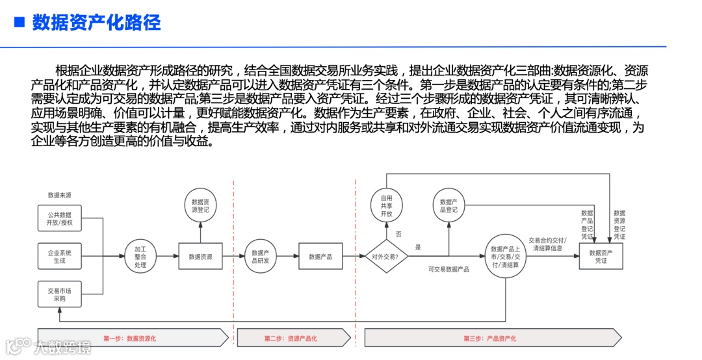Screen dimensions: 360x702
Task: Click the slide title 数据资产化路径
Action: click(96, 23)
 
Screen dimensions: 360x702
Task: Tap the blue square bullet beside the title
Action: click(19, 23)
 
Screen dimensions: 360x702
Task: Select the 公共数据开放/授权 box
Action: click(59, 218)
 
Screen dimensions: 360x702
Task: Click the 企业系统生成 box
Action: click(59, 256)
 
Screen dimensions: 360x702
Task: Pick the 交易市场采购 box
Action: click(59, 294)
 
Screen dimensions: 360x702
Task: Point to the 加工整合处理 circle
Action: click(140, 257)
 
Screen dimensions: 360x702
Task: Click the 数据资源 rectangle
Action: click(200, 257)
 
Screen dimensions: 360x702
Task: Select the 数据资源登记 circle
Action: click(200, 206)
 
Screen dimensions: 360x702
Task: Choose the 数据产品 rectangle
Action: click(320, 257)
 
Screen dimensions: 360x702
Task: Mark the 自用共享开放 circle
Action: click(387, 206)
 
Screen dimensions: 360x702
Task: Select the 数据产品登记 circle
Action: click(448, 206)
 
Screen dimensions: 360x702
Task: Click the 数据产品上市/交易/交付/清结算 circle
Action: click(505, 257)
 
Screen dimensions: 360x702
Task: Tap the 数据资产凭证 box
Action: click(601, 257)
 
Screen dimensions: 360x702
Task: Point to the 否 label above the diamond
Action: click(398, 234)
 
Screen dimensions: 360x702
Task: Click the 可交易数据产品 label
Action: click(448, 269)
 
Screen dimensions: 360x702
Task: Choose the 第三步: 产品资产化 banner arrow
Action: click(491, 338)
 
